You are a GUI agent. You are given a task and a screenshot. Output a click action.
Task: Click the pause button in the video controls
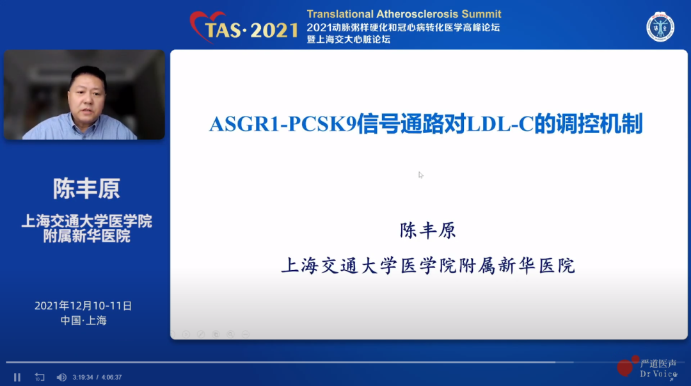coord(17,377)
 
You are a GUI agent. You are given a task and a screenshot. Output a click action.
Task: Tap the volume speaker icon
coord(61,377)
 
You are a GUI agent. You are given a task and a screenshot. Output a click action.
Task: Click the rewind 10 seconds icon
coord(39,377)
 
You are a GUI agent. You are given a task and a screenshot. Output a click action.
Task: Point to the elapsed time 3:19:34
coord(83,377)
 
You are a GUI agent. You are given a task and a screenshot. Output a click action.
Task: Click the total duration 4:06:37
coord(111,377)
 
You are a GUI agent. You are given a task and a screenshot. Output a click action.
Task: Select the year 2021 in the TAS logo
coord(274,31)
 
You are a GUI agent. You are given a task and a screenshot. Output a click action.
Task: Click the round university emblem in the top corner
coord(660,27)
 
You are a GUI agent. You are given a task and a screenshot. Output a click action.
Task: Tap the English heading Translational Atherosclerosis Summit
coord(404,14)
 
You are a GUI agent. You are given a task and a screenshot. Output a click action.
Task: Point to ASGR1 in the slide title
coord(244,124)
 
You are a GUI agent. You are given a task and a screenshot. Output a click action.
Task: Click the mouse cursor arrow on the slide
coord(421,175)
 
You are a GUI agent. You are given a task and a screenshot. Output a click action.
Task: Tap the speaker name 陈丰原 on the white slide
coord(427,230)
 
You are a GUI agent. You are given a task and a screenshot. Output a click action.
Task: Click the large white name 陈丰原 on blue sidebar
coord(86,189)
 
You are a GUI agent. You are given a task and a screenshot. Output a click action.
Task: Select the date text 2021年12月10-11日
coord(83,306)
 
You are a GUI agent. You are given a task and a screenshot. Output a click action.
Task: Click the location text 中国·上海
coord(84,320)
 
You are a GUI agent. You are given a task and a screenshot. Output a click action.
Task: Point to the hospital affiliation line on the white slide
coord(428,266)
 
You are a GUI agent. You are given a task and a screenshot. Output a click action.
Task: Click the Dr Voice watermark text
coord(658,374)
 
